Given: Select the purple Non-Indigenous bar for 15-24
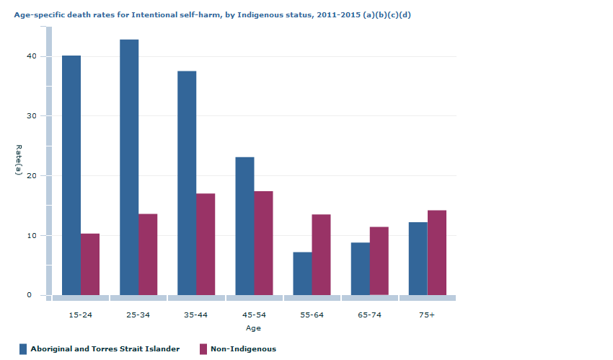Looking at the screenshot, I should click(90, 264).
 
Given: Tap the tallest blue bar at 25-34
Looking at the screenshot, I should click(129, 167).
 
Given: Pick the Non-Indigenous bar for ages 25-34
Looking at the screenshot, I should click(148, 254).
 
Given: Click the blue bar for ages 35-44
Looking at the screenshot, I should click(187, 183).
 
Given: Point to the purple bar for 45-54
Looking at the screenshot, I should click(263, 243).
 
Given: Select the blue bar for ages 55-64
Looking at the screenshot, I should click(302, 273).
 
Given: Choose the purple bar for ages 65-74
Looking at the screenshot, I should click(379, 261).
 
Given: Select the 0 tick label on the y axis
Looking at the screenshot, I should click(30, 295).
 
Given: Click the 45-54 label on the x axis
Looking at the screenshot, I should click(254, 315).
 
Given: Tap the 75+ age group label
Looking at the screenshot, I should click(427, 315).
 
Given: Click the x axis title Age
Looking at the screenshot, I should click(253, 328).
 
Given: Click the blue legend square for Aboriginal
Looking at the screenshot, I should click(23, 349).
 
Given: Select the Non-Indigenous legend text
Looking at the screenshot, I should click(243, 349).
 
